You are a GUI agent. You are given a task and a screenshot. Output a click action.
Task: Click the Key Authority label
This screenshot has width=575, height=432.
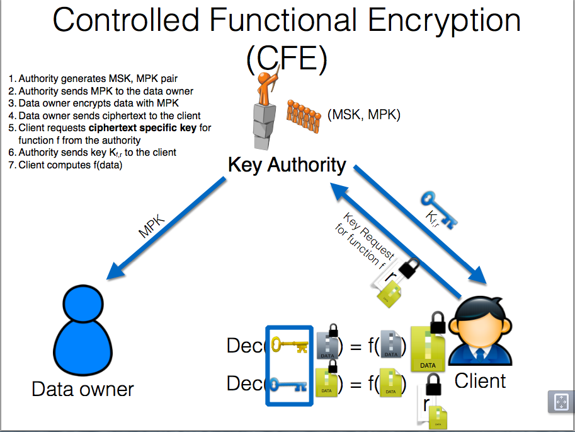287,165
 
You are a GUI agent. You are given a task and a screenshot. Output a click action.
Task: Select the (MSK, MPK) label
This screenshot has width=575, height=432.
364,115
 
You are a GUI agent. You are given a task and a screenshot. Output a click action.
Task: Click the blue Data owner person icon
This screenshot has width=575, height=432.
83,330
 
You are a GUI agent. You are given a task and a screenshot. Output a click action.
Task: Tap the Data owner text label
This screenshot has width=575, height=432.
83,388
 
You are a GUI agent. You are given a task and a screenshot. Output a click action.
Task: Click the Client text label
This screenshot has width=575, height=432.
480,381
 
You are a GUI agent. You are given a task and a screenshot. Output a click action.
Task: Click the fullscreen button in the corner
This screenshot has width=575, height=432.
559,401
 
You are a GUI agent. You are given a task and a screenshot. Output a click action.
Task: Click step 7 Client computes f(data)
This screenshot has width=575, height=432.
71,165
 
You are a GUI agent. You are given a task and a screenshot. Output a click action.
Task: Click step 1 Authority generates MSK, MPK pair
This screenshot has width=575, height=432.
93,79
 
